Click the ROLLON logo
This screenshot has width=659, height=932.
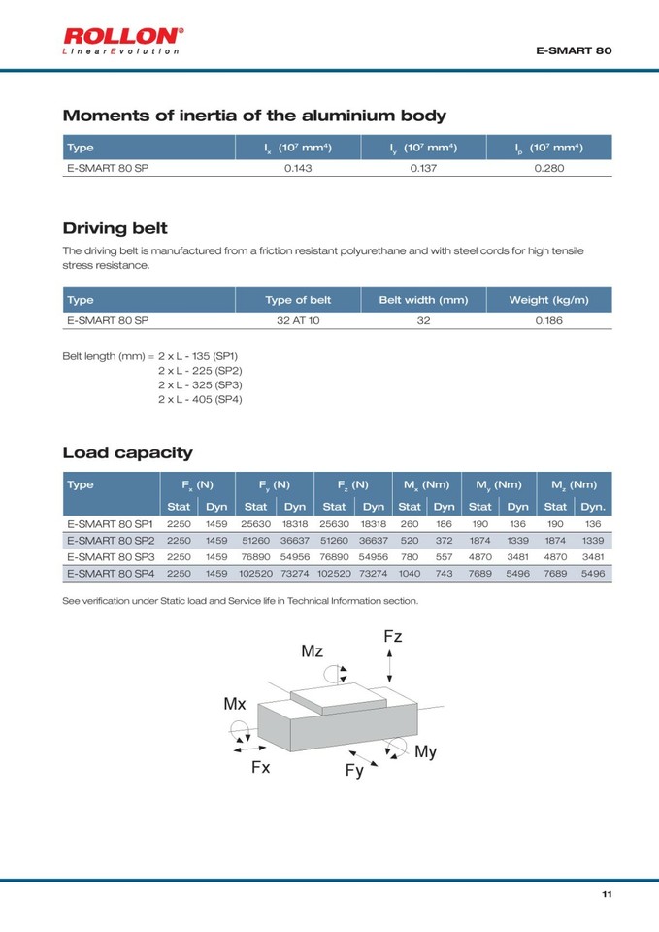122,40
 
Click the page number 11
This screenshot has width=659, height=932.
607,894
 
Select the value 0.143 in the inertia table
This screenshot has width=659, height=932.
298,168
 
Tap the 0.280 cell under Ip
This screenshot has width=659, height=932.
549,168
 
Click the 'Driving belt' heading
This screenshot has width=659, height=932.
115,228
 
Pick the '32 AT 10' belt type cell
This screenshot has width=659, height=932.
298,320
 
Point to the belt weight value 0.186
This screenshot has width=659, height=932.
548,320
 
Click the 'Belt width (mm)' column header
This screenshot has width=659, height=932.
423,300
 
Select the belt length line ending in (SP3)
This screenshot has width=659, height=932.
199,384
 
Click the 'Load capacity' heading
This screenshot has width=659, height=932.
127,452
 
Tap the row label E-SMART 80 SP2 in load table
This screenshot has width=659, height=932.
111,540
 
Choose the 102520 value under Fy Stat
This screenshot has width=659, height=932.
255,574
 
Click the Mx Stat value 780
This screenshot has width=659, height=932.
410,557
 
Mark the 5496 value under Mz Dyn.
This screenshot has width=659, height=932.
592,574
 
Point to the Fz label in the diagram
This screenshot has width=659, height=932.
392,637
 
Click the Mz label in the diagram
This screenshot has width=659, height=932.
312,651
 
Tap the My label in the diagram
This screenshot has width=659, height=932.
425,751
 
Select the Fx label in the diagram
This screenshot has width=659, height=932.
260,767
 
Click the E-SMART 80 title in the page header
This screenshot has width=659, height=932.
574,49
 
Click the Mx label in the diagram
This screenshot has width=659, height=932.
235,704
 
